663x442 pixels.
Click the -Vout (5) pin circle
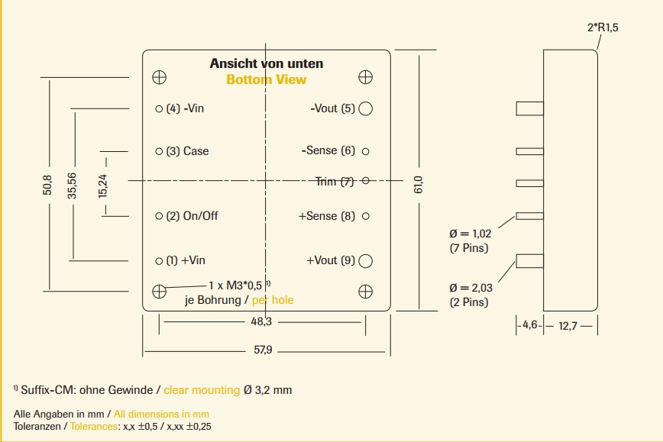[365, 108]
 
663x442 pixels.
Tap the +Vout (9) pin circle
[365, 261]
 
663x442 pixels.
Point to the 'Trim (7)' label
[335, 182]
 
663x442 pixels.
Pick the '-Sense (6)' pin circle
[365, 151]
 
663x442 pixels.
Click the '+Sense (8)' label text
[327, 216]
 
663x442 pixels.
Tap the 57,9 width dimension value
[263, 350]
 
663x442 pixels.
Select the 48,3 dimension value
[261, 322]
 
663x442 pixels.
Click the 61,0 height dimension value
[418, 184]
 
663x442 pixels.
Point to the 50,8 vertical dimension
[47, 185]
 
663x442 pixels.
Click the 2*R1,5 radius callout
[602, 27]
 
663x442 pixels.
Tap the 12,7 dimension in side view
[568, 326]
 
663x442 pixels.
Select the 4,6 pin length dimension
[530, 326]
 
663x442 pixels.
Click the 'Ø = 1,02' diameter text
[471, 234]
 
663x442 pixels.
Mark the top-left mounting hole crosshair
[160, 77]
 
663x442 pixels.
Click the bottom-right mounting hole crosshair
[365, 291]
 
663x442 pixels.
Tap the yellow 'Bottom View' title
[266, 79]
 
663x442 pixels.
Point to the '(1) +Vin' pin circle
[159, 261]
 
